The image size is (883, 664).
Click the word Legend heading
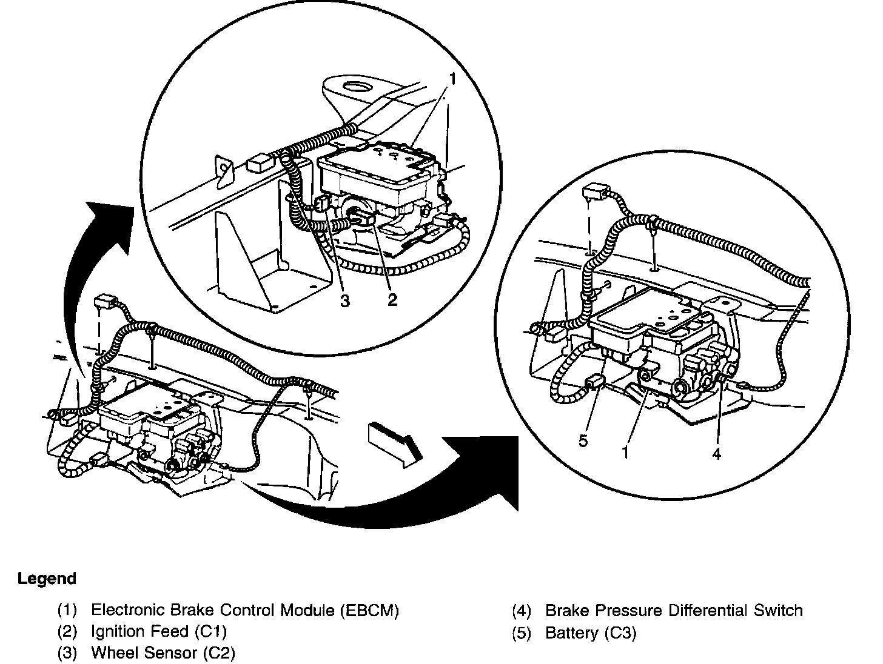point(47,579)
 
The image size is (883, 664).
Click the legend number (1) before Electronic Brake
point(67,610)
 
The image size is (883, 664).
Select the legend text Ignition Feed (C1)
point(158,632)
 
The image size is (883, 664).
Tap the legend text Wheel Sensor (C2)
point(163,653)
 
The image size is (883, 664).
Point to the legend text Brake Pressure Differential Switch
point(674,610)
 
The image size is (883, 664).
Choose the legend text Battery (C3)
point(591,633)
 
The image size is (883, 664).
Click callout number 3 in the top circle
point(344,300)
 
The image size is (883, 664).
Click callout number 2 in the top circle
point(392,299)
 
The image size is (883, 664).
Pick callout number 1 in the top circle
point(451,78)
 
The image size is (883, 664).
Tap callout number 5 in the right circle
point(583,440)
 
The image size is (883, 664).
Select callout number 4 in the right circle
point(716,453)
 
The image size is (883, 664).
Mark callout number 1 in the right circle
point(625,452)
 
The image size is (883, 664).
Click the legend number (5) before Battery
point(522,633)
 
